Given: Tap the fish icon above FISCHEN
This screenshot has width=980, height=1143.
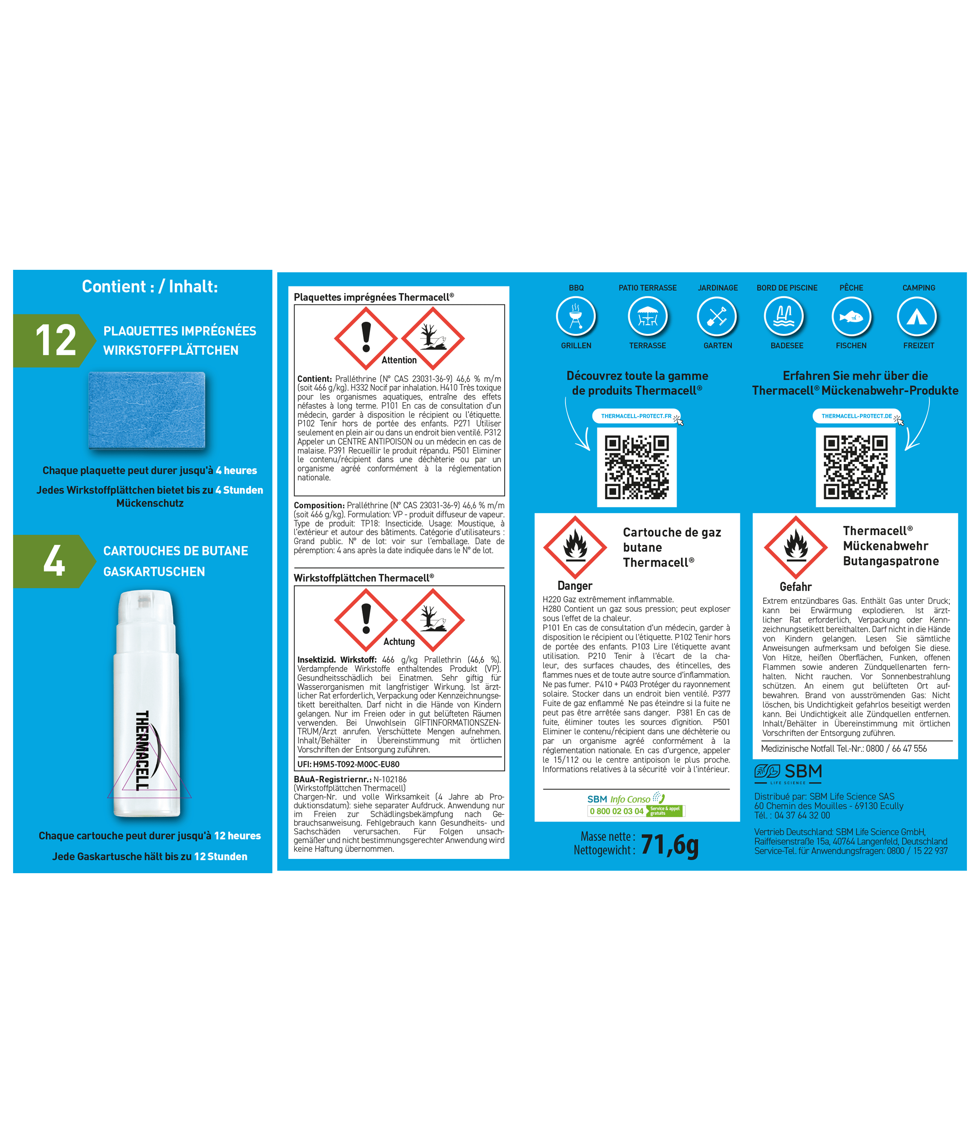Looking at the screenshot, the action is click(851, 317).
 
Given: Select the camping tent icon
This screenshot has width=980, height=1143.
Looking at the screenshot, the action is click(917, 317).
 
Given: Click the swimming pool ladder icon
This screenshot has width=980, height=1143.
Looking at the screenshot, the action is click(784, 317).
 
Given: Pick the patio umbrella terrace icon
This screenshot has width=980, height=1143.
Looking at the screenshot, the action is click(648, 317).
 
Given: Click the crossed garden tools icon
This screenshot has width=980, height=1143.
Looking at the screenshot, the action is click(717, 317).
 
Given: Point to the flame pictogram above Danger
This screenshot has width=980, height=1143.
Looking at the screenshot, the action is click(575, 547).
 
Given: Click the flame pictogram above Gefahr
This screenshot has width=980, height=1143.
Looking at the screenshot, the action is click(796, 547).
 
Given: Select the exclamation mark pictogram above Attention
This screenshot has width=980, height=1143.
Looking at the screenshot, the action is click(366, 338).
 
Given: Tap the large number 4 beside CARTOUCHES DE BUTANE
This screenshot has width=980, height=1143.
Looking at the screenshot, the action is click(54, 560).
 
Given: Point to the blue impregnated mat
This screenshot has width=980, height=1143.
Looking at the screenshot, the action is click(147, 410).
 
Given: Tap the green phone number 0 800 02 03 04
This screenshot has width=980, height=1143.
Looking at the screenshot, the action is click(616, 811).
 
